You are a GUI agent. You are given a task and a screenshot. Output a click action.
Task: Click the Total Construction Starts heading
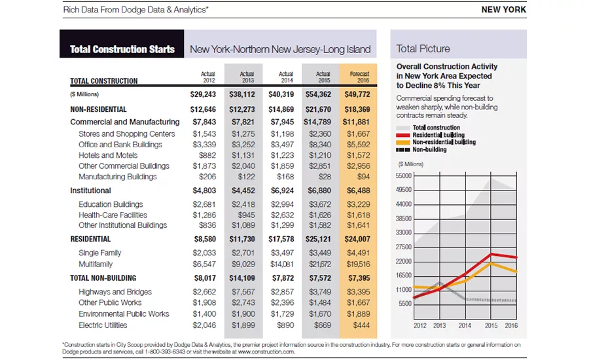[x=122, y=49]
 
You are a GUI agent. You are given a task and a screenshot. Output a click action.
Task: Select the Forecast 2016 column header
[x=359, y=77]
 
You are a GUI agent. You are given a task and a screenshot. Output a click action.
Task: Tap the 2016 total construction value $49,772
[x=357, y=94]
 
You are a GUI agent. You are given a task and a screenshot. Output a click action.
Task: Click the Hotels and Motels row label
[x=108, y=155]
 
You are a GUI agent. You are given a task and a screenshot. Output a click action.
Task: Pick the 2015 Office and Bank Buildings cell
[x=320, y=145]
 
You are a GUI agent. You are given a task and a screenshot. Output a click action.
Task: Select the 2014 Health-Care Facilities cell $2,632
[x=282, y=215]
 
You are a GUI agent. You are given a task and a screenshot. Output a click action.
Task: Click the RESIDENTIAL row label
[x=90, y=239]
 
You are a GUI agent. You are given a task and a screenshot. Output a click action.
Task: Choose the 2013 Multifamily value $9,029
[x=243, y=264]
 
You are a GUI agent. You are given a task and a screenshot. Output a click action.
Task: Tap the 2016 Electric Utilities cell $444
[x=361, y=325]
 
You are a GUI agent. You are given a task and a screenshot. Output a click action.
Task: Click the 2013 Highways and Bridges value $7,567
[x=243, y=292]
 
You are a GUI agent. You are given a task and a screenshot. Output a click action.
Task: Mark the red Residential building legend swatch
[x=402, y=135]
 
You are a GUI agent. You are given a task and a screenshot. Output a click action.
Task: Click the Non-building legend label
[x=430, y=149]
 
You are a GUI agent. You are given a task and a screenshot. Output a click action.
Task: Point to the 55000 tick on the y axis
[x=403, y=176]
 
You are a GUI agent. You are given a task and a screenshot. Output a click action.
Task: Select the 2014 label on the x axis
[x=465, y=325]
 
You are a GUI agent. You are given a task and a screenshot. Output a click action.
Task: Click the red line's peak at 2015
[x=491, y=255]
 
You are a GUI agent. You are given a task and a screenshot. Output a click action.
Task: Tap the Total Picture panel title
[x=423, y=49]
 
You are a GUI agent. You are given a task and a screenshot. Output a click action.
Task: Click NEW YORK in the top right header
[x=504, y=9]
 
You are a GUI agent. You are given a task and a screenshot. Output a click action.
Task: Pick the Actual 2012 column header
[x=207, y=77]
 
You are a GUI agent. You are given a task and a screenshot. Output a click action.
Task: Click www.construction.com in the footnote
[x=266, y=352]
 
